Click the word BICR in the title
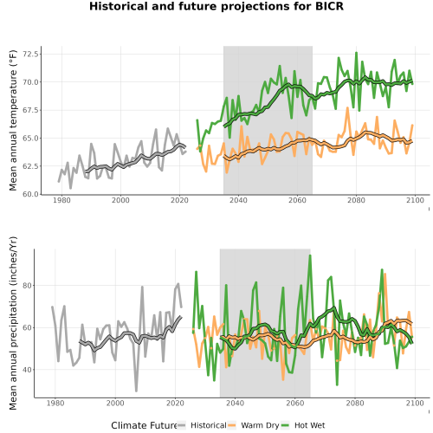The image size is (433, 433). pyautogui.click(x=329, y=6)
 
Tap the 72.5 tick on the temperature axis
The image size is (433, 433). pyautogui.click(x=30, y=54)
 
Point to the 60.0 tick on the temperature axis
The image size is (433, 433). pyautogui.click(x=30, y=194)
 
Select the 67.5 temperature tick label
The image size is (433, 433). pyautogui.click(x=30, y=110)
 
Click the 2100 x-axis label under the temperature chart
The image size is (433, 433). pyautogui.click(x=415, y=200)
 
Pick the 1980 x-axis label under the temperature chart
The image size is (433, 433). pyautogui.click(x=61, y=200)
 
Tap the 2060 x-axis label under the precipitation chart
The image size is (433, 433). pyautogui.click(x=295, y=403)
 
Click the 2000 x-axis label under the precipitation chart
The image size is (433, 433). pyautogui.click(x=115, y=403)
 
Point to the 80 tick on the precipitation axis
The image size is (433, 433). pyautogui.click(x=28, y=286)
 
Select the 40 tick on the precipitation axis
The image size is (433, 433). pyautogui.click(x=28, y=370)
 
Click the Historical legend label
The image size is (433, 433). pyautogui.click(x=209, y=425)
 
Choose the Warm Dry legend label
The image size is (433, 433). pyautogui.click(x=260, y=425)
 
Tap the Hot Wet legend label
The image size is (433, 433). pyautogui.click(x=310, y=425)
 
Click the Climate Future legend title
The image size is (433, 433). pyautogui.click(x=145, y=425)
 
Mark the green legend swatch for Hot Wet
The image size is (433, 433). pyautogui.click(x=285, y=425)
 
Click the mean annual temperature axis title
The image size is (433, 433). pyautogui.click(x=13, y=120)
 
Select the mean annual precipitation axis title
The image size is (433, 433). pyautogui.click(x=13, y=323)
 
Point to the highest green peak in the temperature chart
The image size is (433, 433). pyautogui.click(x=356, y=53)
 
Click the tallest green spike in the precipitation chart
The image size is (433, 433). pyautogui.click(x=310, y=255)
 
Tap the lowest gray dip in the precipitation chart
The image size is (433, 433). pyautogui.click(x=136, y=391)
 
